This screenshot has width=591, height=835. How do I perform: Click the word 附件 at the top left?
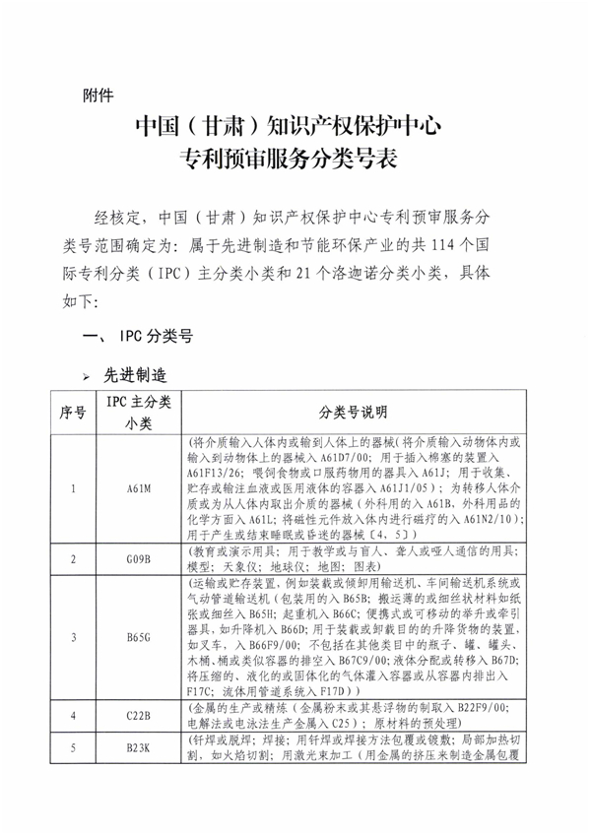98,96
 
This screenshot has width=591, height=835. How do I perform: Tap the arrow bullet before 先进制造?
87,375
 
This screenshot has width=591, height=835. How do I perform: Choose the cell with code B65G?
138,636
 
